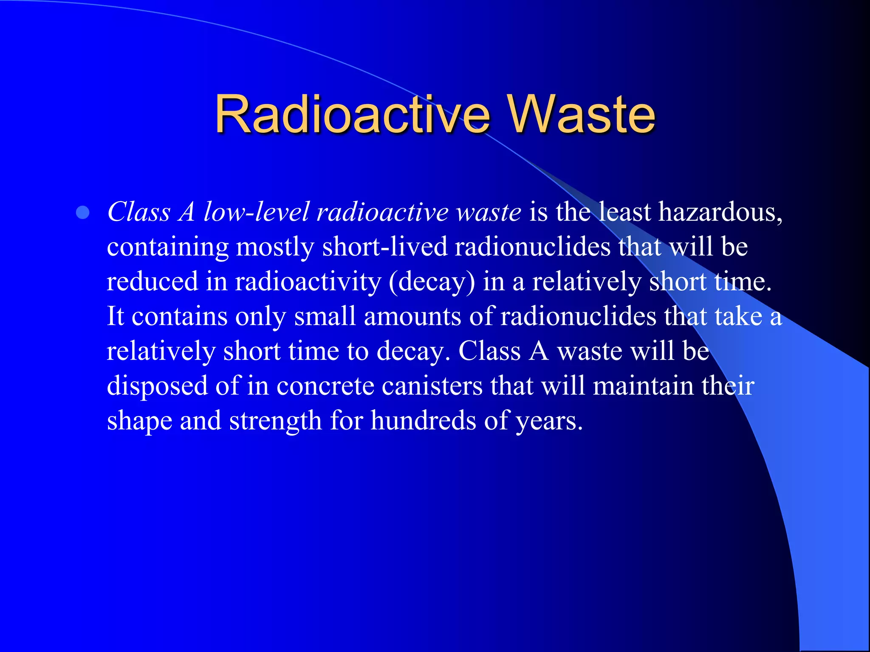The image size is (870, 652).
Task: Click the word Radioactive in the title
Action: pyautogui.click(x=353, y=114)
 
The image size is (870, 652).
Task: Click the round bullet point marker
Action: pyautogui.click(x=83, y=213)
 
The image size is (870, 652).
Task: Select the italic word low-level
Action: pyautogui.click(x=256, y=212)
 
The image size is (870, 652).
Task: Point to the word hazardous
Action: pyautogui.click(x=720, y=212)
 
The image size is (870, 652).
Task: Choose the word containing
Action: pyautogui.click(x=167, y=247)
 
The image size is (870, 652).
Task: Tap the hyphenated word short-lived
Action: pyautogui.click(x=384, y=247)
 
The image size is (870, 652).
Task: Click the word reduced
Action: pyautogui.click(x=152, y=281)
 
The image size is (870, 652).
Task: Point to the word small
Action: pyautogui.click(x=325, y=316)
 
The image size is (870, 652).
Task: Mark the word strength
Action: pyautogui.click(x=275, y=421)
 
